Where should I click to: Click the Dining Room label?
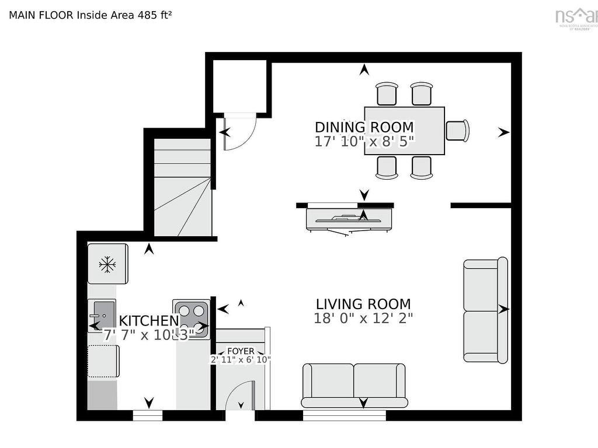point(364,127)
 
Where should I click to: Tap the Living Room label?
point(363,304)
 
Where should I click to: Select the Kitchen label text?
point(148,321)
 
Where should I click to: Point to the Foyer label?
point(241,351)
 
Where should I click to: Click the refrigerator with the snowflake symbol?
point(107,264)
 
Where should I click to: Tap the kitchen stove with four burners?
point(191,318)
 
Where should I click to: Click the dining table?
point(404,131)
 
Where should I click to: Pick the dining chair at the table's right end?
point(457,130)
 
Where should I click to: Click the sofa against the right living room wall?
point(485,310)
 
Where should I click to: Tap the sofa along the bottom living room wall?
point(353,385)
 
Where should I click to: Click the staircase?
point(182,187)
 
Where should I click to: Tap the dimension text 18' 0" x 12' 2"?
point(363,318)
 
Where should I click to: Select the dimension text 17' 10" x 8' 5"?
point(364,141)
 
